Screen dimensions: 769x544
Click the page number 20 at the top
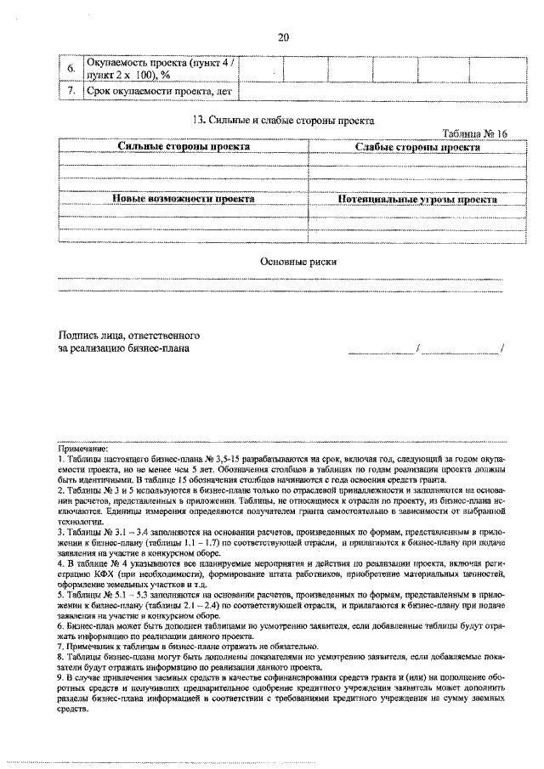coord(283,37)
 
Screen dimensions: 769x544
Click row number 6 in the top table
coord(71,67)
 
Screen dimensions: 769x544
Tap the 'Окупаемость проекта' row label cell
coord(160,67)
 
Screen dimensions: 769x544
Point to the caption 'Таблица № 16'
coord(474,133)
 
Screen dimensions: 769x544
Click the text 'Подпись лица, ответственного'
coord(128,334)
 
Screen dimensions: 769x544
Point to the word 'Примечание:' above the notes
coord(82,448)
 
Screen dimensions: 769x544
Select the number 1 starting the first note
coord(59,458)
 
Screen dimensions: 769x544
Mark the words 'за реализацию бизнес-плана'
coord(124,348)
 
